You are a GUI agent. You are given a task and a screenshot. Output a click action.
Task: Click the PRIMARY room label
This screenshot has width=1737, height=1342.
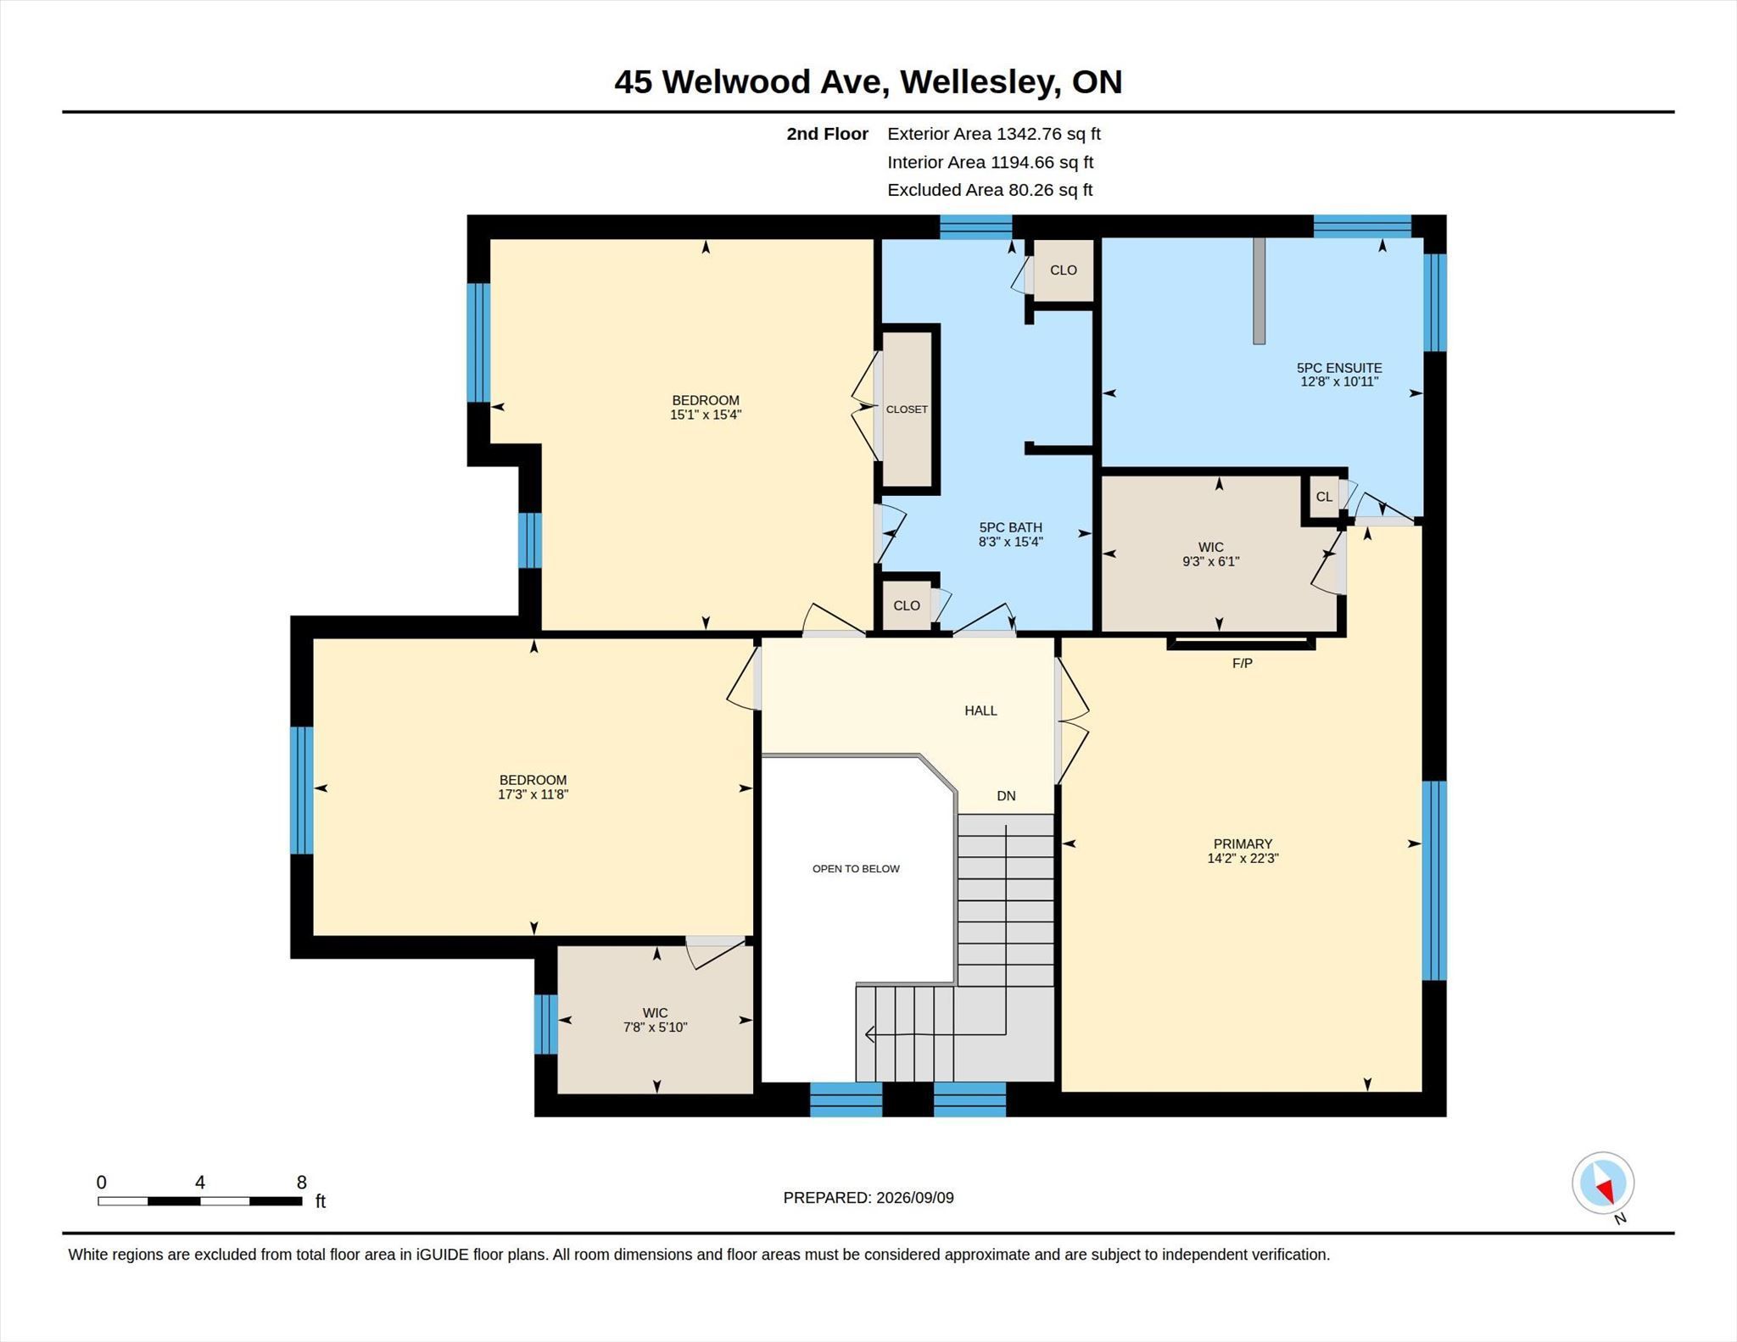(1243, 844)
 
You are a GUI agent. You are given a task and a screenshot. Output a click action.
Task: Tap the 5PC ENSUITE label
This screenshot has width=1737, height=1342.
(1339, 368)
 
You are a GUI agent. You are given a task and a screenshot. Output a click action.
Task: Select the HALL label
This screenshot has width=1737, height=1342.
(980, 710)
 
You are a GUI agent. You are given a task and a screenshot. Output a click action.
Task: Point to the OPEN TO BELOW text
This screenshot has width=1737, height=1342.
(856, 868)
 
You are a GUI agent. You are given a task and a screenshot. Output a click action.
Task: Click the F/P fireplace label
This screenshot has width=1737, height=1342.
(1243, 663)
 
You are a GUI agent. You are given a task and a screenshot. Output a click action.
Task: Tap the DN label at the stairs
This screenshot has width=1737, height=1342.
(1006, 796)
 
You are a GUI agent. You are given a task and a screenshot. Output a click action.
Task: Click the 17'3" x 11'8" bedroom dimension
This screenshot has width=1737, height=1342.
(533, 794)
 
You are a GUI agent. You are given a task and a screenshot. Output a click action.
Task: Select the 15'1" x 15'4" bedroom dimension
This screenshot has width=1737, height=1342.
(706, 415)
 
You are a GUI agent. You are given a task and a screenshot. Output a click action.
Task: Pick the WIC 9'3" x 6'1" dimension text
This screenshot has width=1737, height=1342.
(1211, 561)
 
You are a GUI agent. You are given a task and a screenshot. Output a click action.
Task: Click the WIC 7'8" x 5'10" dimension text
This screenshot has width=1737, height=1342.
(655, 1027)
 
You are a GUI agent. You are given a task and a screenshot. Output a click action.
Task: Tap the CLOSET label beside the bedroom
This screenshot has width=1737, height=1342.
(907, 409)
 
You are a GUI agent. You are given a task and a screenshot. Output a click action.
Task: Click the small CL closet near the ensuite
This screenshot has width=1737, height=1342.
(1324, 497)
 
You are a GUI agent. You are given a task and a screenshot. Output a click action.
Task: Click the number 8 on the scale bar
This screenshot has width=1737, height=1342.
(302, 1182)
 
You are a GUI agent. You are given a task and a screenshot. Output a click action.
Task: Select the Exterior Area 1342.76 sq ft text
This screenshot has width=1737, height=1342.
(994, 134)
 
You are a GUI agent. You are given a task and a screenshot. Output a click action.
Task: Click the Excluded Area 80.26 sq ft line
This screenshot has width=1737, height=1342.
(990, 190)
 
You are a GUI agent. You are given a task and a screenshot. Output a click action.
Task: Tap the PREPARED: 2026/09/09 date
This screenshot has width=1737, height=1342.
(868, 1198)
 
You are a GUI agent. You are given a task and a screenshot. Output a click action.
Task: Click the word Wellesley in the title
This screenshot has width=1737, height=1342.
(980, 82)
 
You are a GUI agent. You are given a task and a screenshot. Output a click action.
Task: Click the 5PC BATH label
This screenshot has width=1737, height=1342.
(1010, 527)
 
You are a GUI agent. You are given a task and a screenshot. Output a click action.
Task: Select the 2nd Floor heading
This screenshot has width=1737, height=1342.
(827, 134)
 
